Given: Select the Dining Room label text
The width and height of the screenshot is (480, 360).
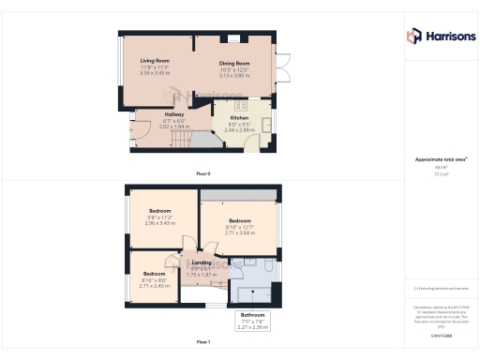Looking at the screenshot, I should click(233, 64).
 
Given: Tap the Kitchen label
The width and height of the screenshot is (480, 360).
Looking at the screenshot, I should click(239, 117).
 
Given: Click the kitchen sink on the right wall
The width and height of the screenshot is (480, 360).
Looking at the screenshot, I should click(266, 124).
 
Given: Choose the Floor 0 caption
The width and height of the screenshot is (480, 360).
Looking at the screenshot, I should click(203, 174).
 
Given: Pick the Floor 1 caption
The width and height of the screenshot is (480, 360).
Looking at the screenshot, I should click(203, 342).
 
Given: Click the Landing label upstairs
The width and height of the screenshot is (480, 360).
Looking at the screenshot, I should click(202, 263).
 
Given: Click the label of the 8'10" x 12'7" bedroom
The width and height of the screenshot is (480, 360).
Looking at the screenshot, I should click(240, 221).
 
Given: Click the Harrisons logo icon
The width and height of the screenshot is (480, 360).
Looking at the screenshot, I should click(413, 36).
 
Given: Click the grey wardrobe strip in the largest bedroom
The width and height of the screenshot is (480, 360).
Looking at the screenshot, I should click(239, 194).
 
